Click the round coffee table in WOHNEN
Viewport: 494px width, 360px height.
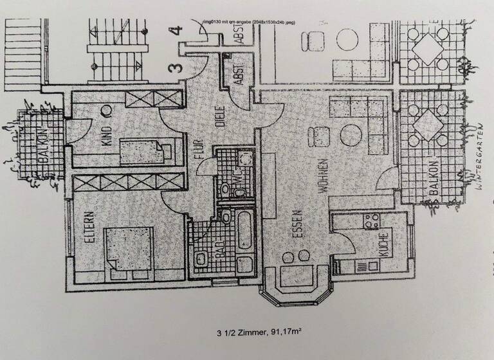352,136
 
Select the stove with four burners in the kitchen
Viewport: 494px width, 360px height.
372,222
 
